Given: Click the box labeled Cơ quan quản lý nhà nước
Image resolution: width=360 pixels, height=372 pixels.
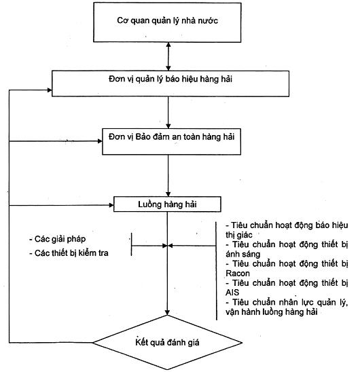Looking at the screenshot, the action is [x=167, y=22].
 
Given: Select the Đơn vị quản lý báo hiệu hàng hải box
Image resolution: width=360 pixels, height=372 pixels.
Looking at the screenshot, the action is [x=170, y=83].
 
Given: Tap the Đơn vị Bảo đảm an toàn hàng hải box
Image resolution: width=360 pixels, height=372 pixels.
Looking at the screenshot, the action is [x=171, y=142].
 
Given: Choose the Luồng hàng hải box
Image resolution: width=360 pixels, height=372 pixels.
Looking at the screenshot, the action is [x=167, y=204].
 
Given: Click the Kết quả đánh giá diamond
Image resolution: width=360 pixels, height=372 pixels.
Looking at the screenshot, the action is [x=167, y=342].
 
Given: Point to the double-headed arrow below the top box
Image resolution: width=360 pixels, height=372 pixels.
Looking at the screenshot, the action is [x=168, y=56].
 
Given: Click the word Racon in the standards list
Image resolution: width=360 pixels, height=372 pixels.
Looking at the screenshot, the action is [x=238, y=274].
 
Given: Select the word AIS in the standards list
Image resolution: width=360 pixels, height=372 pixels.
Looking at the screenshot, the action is [x=232, y=293].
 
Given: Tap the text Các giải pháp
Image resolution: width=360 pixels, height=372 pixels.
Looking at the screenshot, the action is [x=57, y=239].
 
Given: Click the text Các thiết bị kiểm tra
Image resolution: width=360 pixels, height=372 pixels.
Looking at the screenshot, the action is [x=69, y=253].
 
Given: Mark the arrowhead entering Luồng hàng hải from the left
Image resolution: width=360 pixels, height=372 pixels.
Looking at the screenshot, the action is [x=111, y=205].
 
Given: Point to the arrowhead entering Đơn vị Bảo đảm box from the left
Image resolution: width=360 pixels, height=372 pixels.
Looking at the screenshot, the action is [x=100, y=141].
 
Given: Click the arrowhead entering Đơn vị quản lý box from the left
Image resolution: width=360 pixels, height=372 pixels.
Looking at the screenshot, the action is [x=50, y=90].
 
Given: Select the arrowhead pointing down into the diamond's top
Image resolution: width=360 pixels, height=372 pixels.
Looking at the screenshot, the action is [x=167, y=313].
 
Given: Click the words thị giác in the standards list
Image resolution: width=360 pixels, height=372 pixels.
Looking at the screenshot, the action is [x=239, y=235].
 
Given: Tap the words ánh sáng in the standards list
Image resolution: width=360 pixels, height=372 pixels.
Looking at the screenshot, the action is [x=243, y=254].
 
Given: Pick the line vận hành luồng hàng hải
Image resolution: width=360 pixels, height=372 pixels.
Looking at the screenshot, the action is [x=272, y=312].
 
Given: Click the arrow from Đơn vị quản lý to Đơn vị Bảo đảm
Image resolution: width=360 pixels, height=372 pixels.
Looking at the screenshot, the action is [x=168, y=113].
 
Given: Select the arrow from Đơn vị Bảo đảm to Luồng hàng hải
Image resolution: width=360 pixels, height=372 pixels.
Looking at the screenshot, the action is [x=168, y=176].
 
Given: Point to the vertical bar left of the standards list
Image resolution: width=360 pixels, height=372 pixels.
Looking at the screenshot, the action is [x=216, y=271].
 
